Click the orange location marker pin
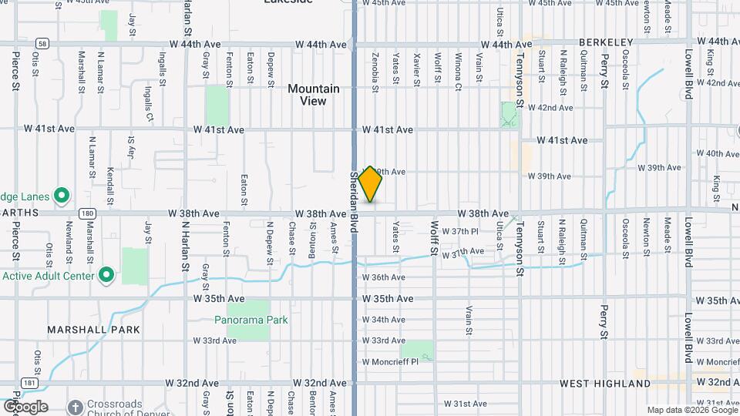coord(371,184)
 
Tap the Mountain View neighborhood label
coord(313,95)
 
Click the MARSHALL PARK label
coord(93,330)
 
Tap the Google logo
coord(25,406)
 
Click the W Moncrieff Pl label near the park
coord(390,361)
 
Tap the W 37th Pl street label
coord(466,231)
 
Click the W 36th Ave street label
coord(383,277)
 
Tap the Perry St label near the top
coord(606,68)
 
